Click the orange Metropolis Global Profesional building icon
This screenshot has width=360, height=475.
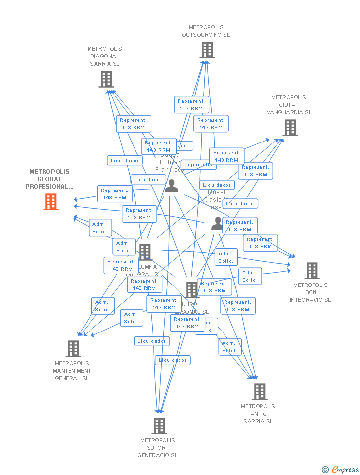click(x=51, y=201)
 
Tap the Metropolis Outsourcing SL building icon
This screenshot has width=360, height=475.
click(x=207, y=50)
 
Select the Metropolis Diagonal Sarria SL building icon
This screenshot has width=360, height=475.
click(x=106, y=79)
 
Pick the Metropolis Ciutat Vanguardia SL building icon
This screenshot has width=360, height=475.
click(x=290, y=127)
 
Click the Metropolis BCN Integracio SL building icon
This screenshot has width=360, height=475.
click(x=312, y=271)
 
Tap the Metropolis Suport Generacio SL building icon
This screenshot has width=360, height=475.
click(x=159, y=426)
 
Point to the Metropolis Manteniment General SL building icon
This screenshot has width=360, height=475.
click(x=73, y=349)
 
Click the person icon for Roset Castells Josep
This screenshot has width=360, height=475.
click(x=217, y=224)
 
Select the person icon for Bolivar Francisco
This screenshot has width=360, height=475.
click(x=171, y=186)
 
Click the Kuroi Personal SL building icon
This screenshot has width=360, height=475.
click(x=192, y=289)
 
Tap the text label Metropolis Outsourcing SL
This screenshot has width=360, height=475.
click(x=206, y=31)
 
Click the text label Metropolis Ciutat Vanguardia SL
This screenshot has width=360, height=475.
click(x=289, y=105)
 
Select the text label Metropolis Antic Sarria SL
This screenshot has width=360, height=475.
click(x=258, y=414)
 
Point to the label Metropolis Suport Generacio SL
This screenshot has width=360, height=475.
click(x=158, y=448)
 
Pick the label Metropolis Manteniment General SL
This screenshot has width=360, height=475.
click(x=72, y=371)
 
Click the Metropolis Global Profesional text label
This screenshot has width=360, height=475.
click(x=49, y=179)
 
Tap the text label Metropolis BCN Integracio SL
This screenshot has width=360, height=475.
click(x=311, y=292)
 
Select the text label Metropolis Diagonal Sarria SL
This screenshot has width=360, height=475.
click(x=105, y=56)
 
